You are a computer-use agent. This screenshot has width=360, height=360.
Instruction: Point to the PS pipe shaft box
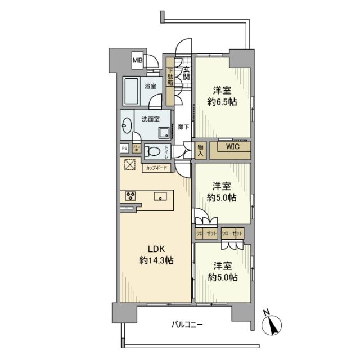tap(124, 148)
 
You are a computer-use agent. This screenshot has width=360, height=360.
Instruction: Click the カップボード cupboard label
tap(156, 167)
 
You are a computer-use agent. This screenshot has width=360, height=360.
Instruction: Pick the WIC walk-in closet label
tap(232, 147)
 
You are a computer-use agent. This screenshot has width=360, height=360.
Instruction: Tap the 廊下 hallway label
tap(183, 127)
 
